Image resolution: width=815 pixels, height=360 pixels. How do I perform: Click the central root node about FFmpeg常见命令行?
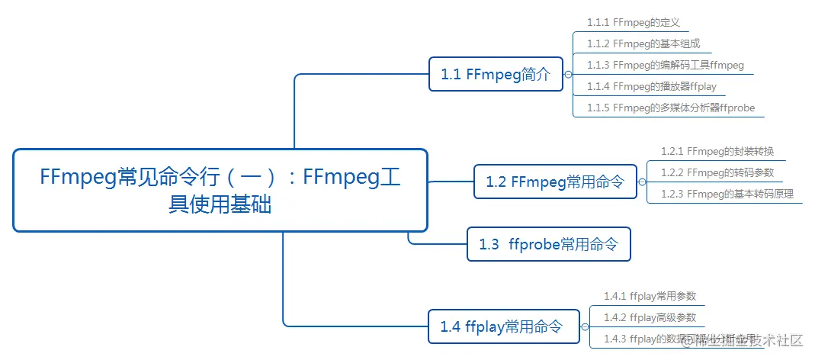[220, 190]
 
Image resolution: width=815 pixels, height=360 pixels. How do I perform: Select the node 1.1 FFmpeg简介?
[496, 74]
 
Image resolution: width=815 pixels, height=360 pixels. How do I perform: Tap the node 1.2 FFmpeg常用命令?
[555, 182]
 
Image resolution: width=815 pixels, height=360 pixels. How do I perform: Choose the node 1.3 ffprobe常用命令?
[548, 244]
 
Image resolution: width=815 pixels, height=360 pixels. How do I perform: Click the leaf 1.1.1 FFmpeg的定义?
[634, 23]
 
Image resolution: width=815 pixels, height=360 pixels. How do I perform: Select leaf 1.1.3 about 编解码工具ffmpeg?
[665, 65]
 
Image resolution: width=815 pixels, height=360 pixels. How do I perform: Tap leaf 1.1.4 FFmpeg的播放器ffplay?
[651, 86]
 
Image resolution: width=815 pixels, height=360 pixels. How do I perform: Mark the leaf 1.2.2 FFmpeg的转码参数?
[717, 172]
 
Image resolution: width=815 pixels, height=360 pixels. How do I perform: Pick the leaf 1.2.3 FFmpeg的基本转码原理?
[727, 194]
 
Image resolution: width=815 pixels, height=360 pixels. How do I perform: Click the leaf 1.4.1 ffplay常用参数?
[650, 296]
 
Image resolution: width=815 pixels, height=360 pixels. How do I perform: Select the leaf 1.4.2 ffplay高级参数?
[650, 317]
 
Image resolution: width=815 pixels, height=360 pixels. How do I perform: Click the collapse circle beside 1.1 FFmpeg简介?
[567, 74]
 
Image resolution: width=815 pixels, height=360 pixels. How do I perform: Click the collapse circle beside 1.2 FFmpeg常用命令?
[641, 182]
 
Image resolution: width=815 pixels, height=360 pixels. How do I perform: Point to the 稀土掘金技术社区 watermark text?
[743, 339]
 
